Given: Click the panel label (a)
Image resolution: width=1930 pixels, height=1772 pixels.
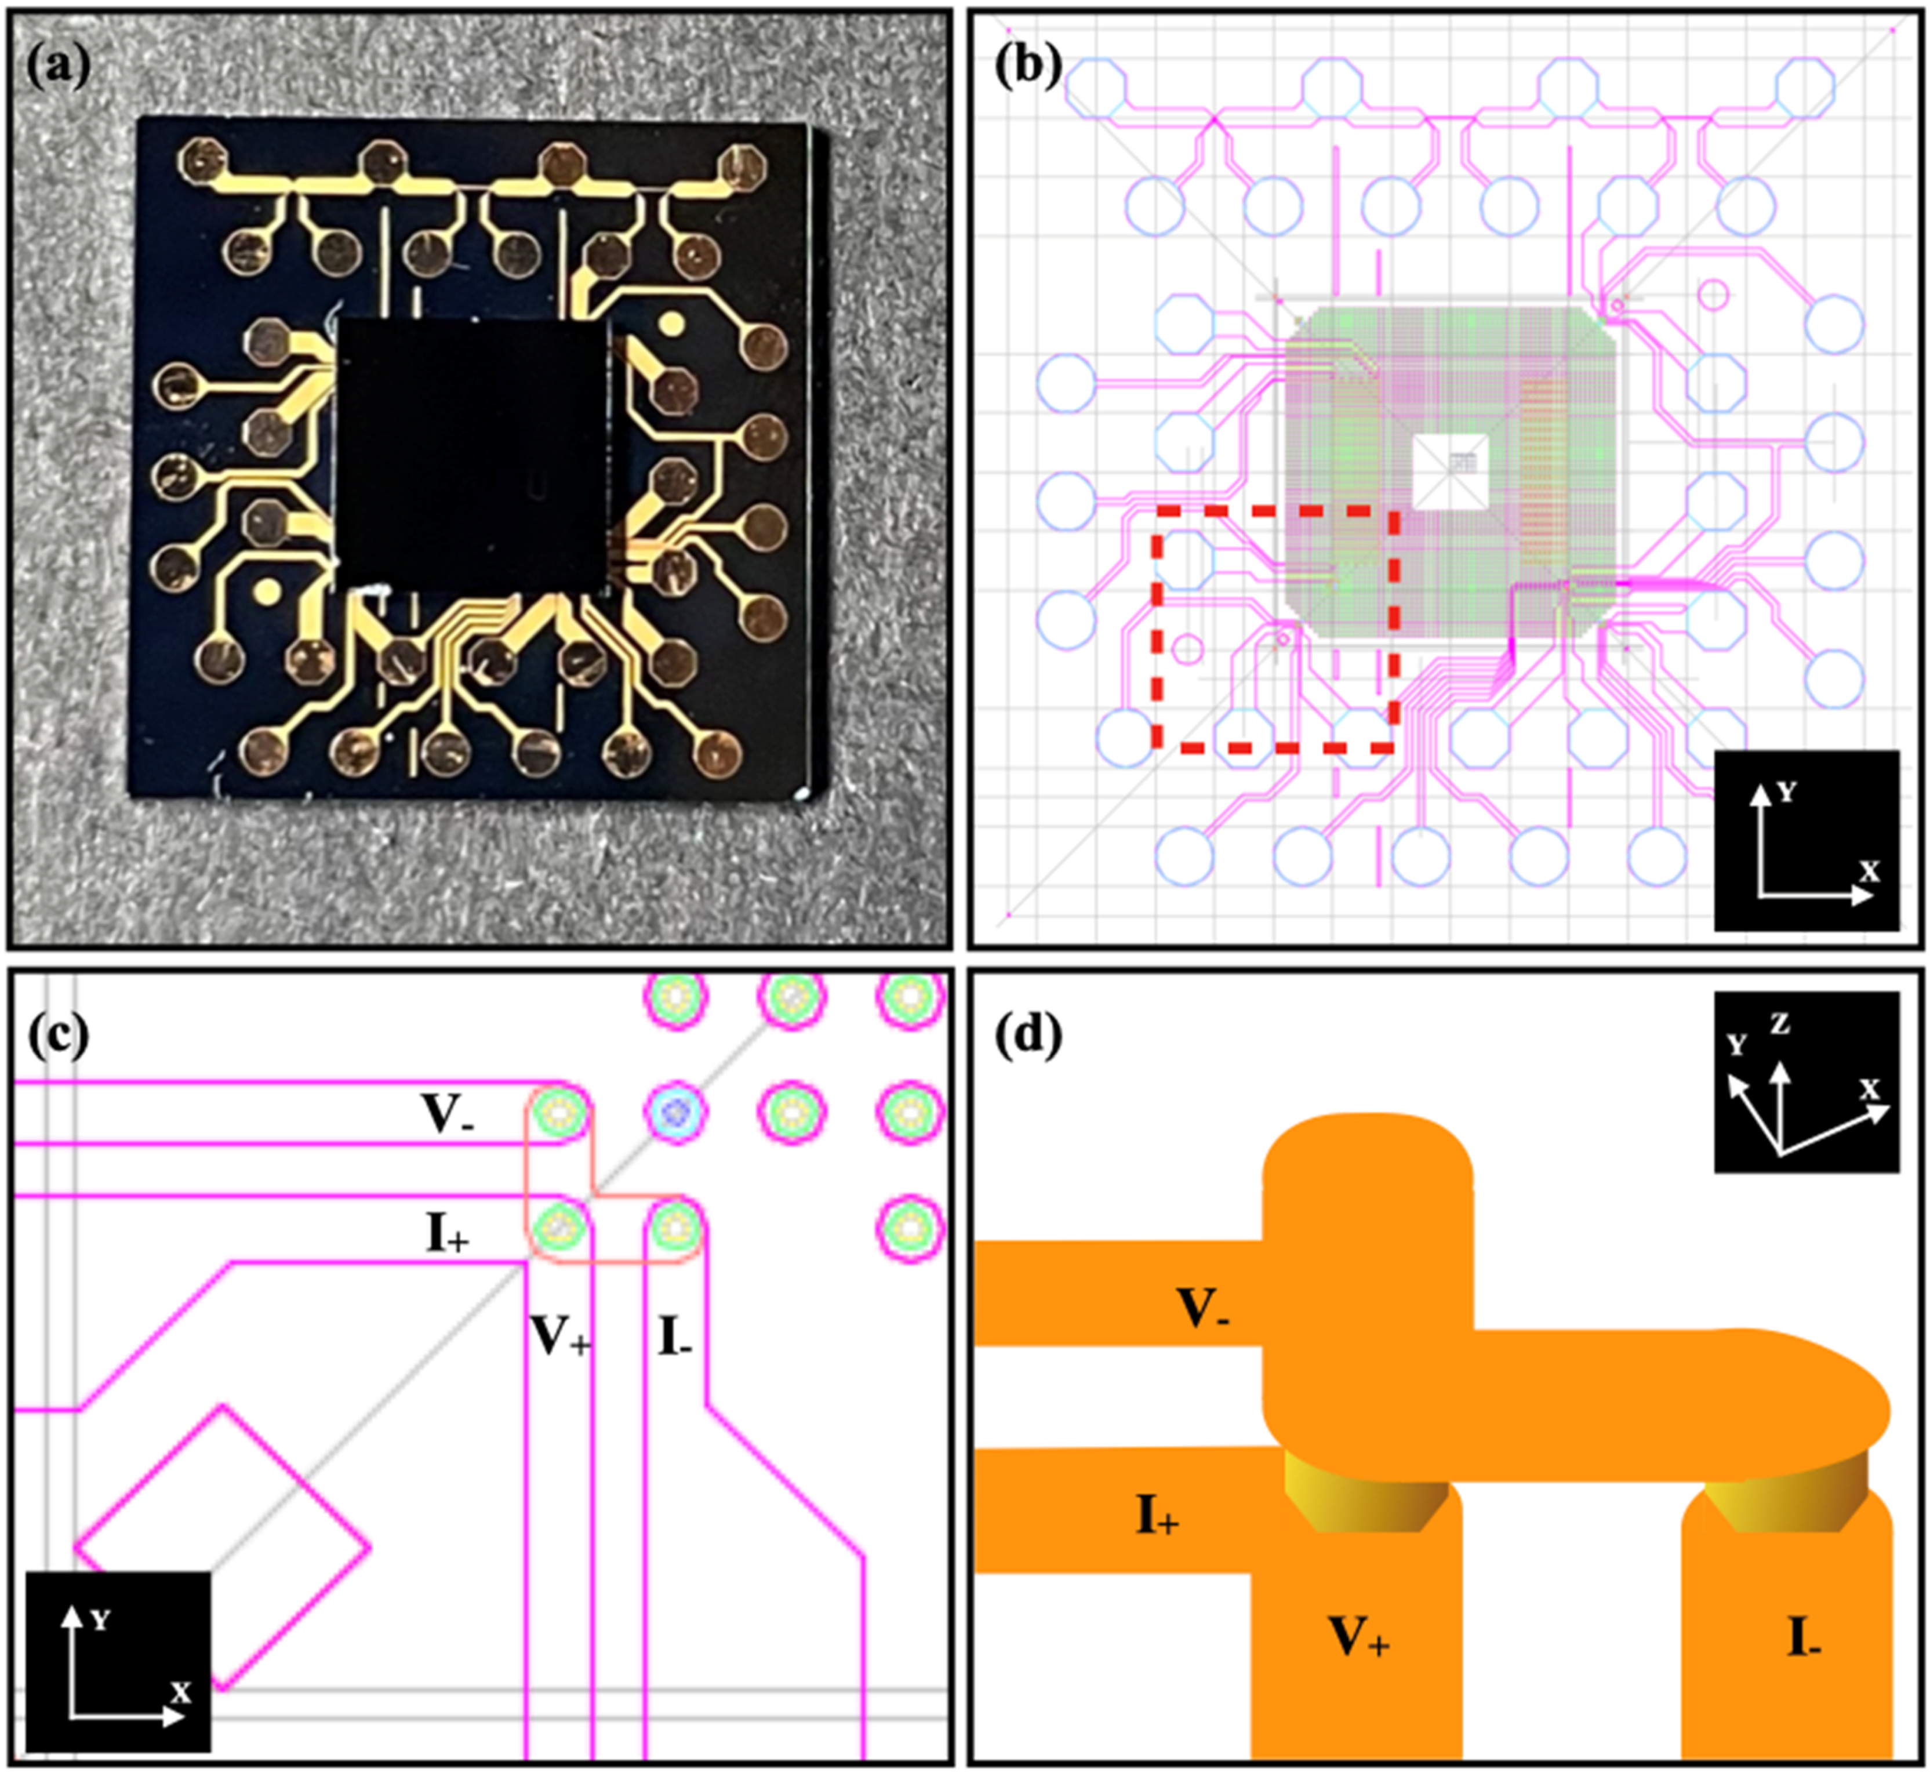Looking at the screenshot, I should (60, 69).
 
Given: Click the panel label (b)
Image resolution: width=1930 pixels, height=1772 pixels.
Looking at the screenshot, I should (1028, 69).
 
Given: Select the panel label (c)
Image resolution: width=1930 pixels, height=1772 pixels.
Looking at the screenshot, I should (60, 1034).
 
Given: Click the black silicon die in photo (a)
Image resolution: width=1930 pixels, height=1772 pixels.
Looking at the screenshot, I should (472, 453).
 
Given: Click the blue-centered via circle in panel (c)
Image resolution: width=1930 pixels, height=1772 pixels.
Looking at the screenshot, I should (677, 1112).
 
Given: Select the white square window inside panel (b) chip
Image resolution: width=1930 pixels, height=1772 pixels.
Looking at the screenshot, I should (1451, 471).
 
